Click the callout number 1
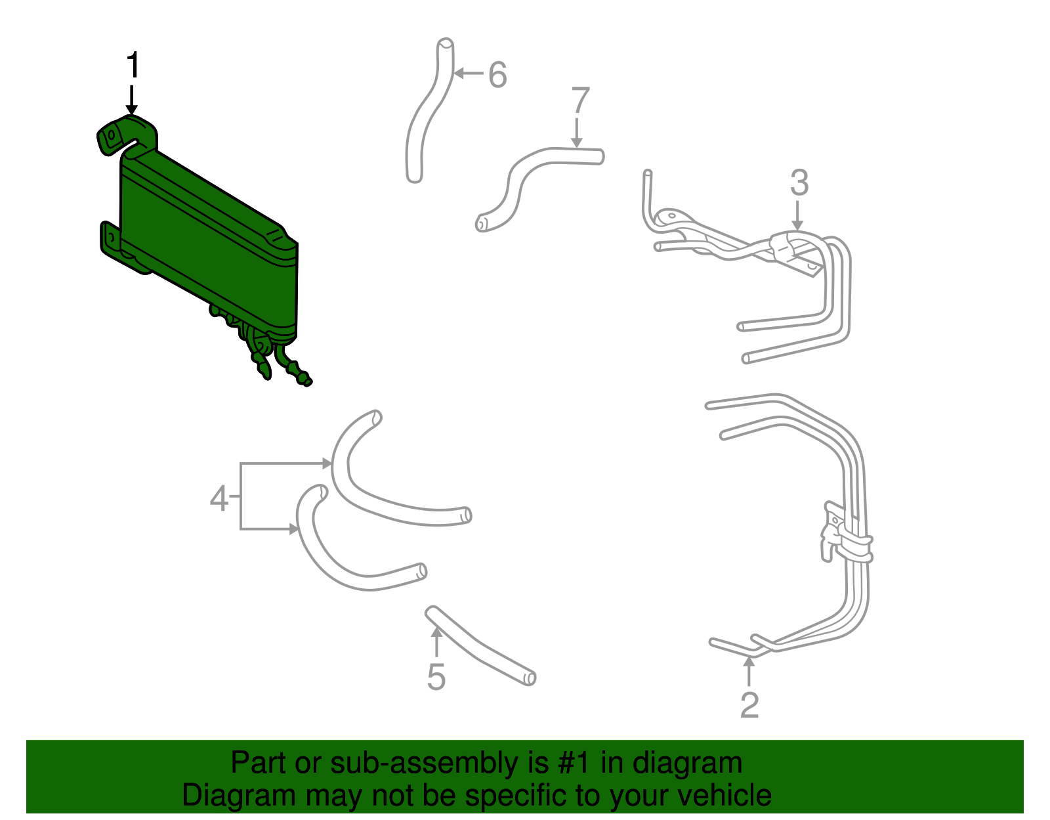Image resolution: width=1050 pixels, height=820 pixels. (x=133, y=66)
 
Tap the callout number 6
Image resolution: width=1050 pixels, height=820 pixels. (x=497, y=75)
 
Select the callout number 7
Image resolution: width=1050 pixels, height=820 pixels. (x=580, y=102)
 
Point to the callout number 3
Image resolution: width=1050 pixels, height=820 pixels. (x=799, y=183)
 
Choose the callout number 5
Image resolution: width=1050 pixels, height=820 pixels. (x=436, y=677)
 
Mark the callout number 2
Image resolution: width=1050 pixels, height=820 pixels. (x=749, y=704)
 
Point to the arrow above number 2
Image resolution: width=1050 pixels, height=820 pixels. (x=749, y=671)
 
